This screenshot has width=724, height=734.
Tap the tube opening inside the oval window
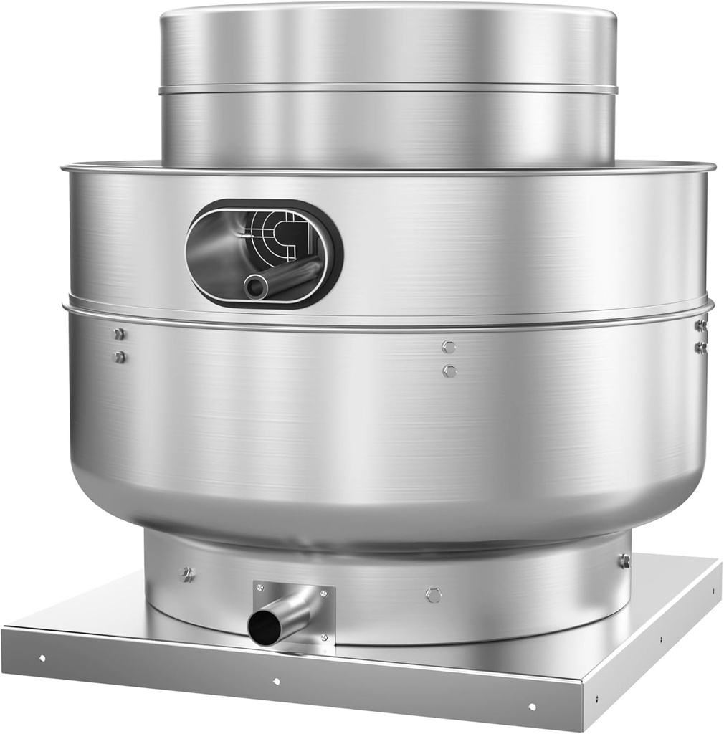tap(255, 287)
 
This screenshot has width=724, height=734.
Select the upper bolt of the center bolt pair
tap(449, 347)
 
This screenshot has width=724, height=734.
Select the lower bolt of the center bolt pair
tap(449, 371)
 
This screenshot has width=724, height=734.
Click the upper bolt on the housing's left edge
tap(119, 334)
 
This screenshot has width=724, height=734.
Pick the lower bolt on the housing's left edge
tap(119, 356)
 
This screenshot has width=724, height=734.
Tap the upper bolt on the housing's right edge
tap(700, 325)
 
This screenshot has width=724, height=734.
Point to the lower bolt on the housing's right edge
tap(700, 348)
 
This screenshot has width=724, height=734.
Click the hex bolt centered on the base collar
tap(433, 595)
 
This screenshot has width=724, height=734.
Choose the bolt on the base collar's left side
tap(188, 573)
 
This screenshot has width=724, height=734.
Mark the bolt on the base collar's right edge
tap(624, 561)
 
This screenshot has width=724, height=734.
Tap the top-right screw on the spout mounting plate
tap(323, 594)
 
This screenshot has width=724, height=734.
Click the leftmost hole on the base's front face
tap(42, 657)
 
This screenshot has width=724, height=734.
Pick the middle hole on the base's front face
tap(277, 681)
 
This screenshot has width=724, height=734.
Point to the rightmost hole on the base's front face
tap(531, 707)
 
